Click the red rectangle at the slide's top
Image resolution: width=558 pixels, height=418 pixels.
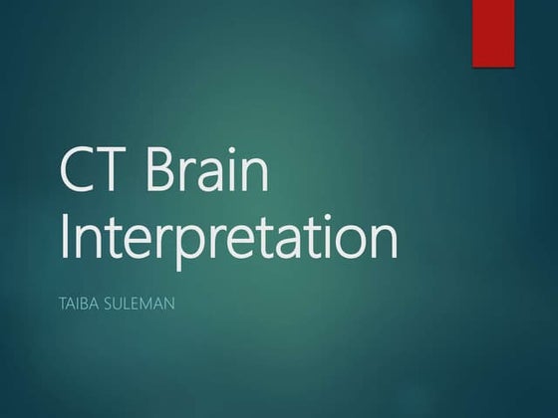[492, 32]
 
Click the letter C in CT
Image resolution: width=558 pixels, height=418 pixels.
[80, 172]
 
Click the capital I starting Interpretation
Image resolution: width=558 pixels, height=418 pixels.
[65, 239]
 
